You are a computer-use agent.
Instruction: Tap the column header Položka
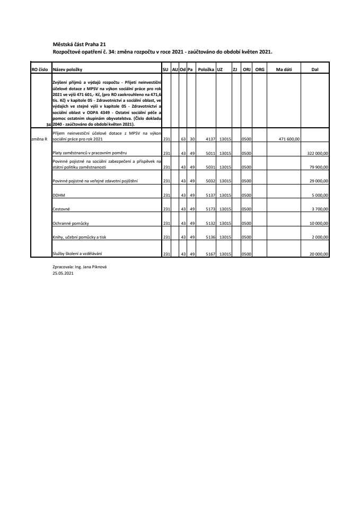[x=205, y=69]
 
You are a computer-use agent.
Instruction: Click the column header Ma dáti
[x=276, y=69]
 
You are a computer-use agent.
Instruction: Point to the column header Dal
[x=315, y=69]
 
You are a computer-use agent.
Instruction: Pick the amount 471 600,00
[x=289, y=139]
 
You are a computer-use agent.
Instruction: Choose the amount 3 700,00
[x=320, y=210]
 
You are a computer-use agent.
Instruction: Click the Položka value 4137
[x=208, y=139]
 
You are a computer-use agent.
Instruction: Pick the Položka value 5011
[x=208, y=153]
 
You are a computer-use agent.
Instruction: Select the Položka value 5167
[x=208, y=254]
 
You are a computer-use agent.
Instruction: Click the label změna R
[x=39, y=139]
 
